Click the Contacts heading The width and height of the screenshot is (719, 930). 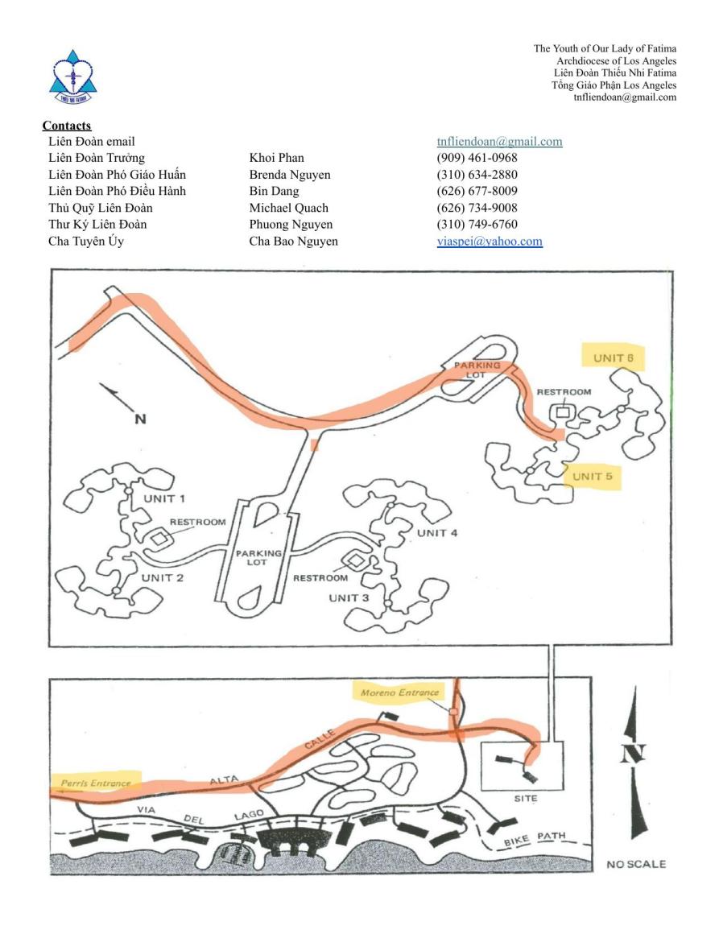point(67,126)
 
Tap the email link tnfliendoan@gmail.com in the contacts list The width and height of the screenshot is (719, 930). point(499,142)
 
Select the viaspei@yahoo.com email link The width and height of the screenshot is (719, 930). point(489,241)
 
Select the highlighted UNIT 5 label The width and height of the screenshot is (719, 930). point(593,476)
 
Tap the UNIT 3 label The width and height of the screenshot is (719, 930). point(349,597)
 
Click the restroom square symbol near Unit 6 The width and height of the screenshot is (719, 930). point(560,411)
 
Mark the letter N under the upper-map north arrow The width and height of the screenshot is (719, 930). point(140,419)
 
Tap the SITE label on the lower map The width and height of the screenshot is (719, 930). point(525,798)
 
